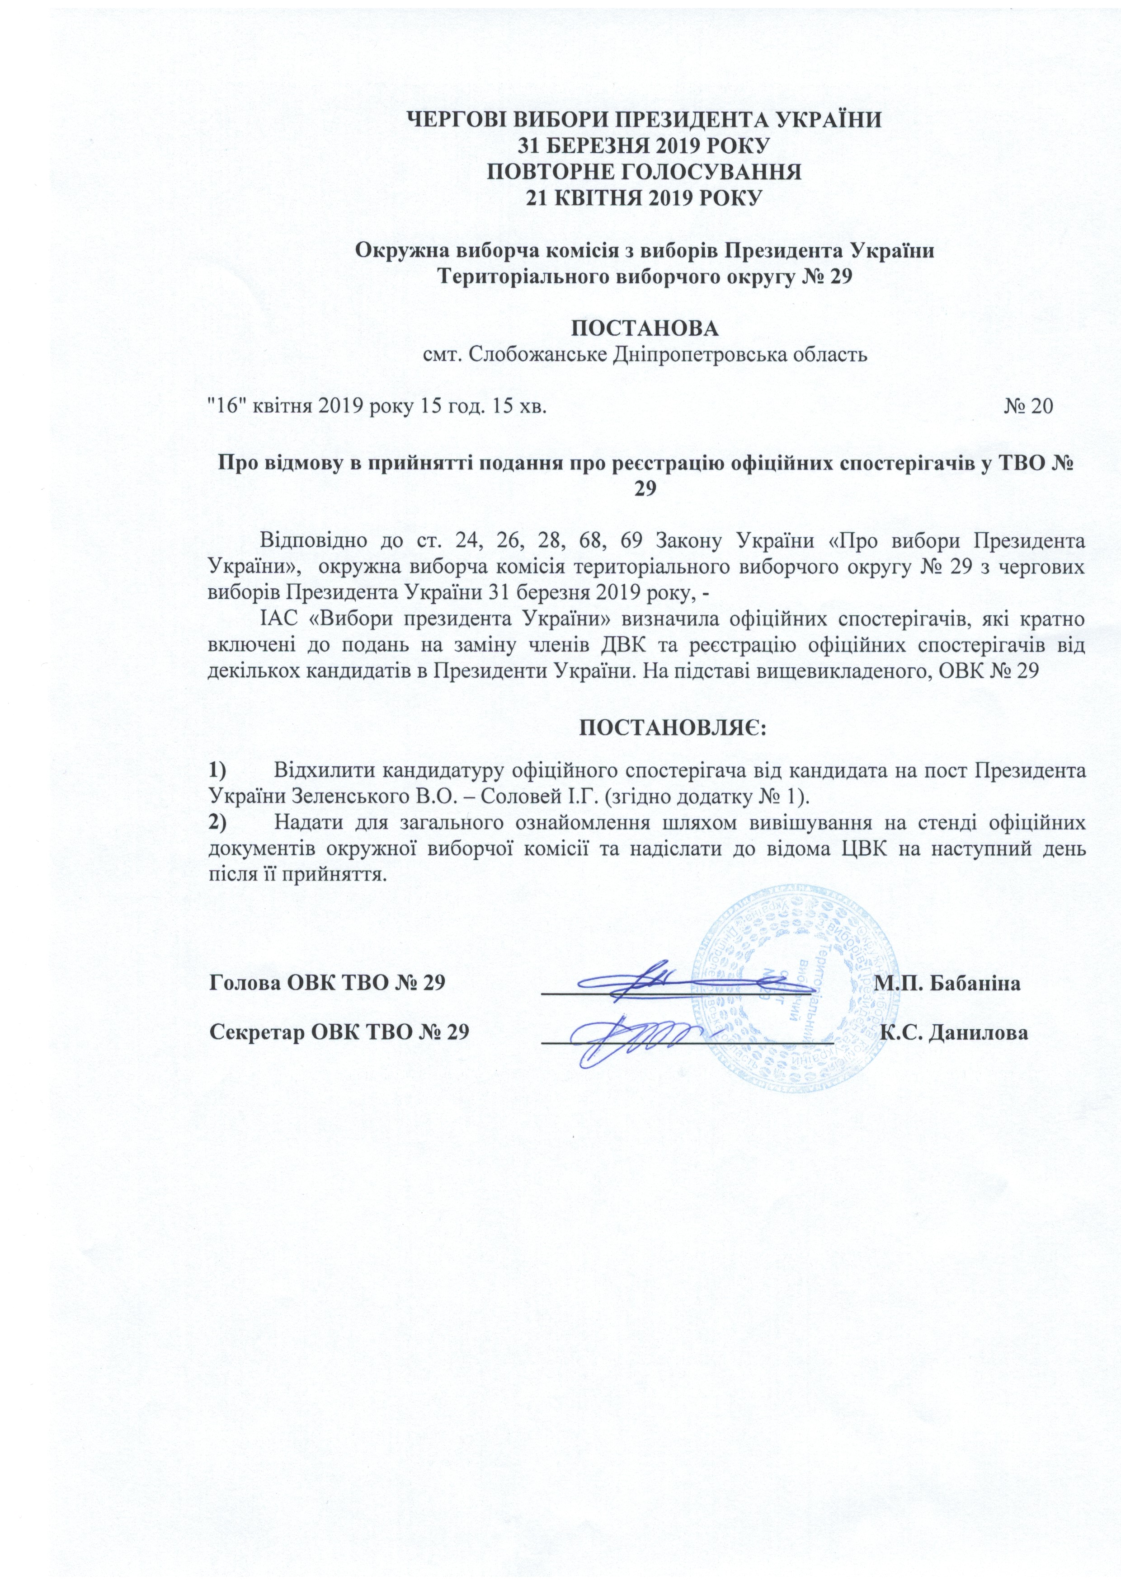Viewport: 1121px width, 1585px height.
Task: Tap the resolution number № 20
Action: pyautogui.click(x=1028, y=407)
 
